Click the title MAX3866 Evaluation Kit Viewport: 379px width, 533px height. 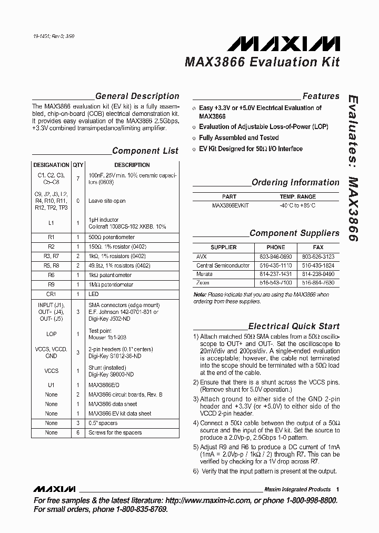tap(262, 62)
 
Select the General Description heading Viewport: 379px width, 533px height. tap(137, 96)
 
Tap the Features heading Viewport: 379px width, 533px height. tap(321, 96)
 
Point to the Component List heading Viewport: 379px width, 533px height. tap(145, 151)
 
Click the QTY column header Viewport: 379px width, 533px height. tap(78, 165)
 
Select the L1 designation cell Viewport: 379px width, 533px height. tap(51, 223)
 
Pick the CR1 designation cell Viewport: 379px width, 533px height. tap(51, 294)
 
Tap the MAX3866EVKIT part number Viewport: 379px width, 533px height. tap(231, 205)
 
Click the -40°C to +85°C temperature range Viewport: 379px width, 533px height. tap(298, 205)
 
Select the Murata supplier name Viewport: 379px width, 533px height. tap(204, 274)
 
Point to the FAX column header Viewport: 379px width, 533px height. tap(318, 247)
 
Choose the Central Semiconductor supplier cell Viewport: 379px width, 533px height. tap(223, 265)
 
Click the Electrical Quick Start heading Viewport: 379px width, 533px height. tap(294, 327)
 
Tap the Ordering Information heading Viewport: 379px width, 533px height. tap(295, 183)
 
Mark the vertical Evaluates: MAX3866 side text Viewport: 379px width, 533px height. tap(353, 169)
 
